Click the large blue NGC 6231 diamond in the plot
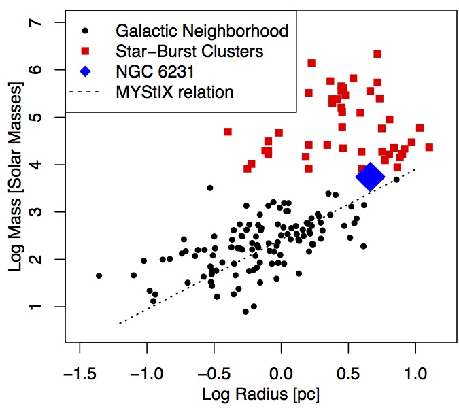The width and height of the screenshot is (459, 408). (x=370, y=176)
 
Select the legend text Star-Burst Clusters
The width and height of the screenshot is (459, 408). (x=190, y=51)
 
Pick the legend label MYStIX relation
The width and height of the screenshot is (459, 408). (x=175, y=92)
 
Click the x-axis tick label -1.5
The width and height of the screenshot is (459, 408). (x=80, y=373)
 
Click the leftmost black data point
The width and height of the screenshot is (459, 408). (x=99, y=275)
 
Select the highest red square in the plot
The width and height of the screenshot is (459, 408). (x=377, y=54)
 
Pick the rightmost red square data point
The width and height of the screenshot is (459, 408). (x=429, y=147)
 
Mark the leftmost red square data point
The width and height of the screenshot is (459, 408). (x=228, y=131)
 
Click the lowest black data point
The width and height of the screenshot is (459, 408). (x=245, y=311)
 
